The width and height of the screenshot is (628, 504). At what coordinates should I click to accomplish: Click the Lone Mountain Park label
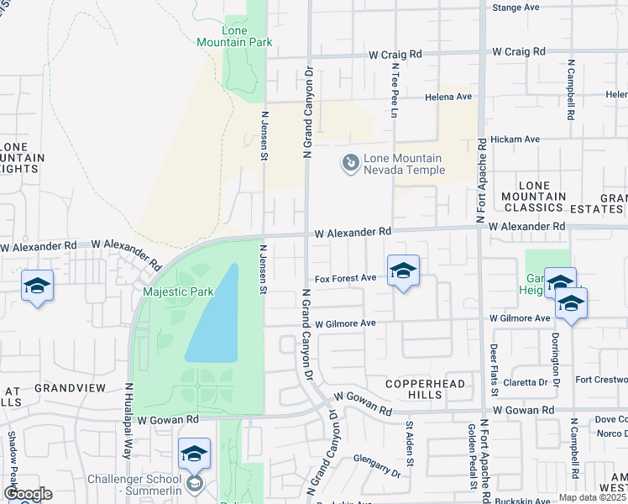[222, 34]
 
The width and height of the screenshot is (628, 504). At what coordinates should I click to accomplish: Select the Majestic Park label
[178, 292]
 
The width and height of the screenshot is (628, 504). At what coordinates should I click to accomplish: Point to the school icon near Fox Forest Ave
[403, 271]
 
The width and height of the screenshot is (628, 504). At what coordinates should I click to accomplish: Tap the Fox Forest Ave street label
[345, 278]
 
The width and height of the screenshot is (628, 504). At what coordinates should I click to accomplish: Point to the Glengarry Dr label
[377, 465]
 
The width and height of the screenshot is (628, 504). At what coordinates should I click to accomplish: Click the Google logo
[28, 494]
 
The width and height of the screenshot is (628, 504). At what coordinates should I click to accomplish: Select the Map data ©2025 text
[591, 497]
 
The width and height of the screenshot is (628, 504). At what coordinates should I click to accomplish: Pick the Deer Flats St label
[494, 370]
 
